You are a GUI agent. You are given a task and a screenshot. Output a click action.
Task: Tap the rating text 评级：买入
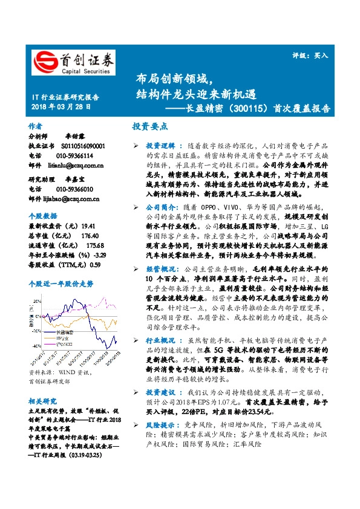[314, 55]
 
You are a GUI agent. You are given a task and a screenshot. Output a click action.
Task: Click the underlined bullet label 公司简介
[160, 207]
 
